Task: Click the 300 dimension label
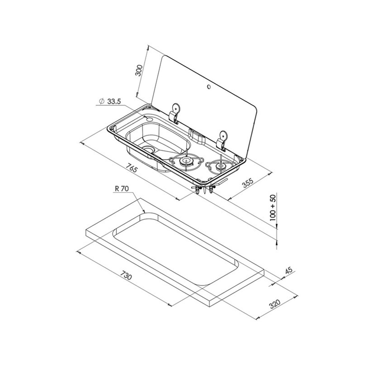click(x=139, y=70)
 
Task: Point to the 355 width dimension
click(x=248, y=183)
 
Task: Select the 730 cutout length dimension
click(x=126, y=275)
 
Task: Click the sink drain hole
click(x=148, y=149)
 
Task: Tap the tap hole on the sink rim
click(x=149, y=119)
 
